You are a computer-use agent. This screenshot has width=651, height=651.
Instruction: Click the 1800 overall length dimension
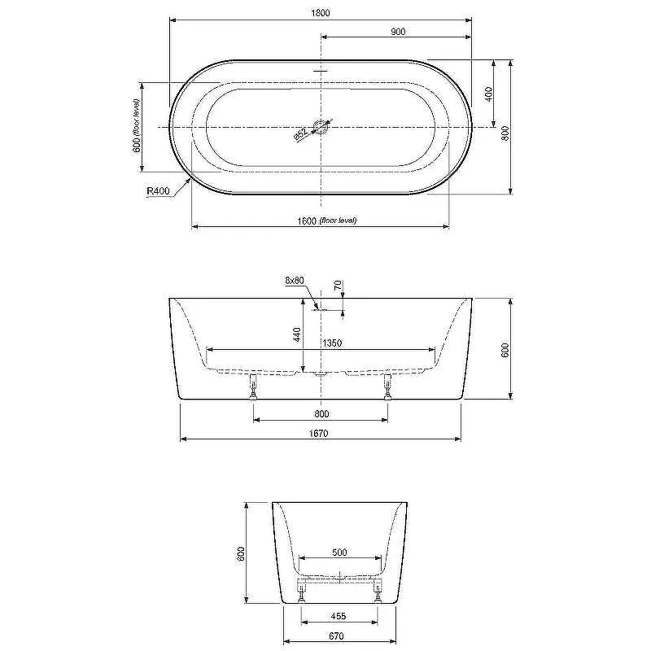click(321, 13)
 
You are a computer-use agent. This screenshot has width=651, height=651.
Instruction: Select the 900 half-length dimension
click(398, 32)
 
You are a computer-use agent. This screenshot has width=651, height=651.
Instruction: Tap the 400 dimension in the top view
click(489, 94)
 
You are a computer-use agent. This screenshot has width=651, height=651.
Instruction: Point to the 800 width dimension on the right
click(505, 133)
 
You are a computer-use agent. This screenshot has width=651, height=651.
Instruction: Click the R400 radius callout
click(158, 191)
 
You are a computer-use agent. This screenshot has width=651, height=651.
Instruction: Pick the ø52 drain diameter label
click(300, 134)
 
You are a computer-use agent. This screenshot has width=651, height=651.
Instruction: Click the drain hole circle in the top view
click(321, 127)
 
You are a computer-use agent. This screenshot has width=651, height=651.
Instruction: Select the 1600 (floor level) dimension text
click(327, 221)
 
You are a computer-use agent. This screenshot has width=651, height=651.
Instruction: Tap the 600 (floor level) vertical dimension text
click(137, 125)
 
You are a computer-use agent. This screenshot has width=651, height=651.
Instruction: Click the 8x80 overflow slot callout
click(295, 281)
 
